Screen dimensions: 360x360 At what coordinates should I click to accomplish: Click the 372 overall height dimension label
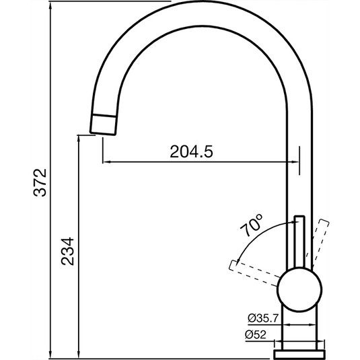point(42,182)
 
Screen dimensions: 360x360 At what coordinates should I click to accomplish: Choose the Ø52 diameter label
point(256,334)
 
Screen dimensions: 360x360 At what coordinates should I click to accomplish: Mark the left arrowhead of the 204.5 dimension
point(105,162)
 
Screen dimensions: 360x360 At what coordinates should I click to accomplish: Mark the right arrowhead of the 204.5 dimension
point(296,162)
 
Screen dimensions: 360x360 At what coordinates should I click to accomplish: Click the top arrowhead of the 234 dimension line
point(80,139)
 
